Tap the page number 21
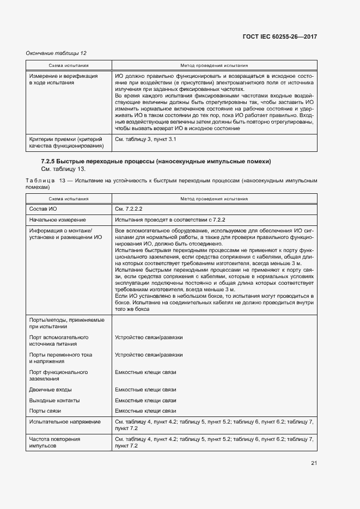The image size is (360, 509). pos(314,463)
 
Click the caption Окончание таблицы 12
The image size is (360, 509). pos(57,53)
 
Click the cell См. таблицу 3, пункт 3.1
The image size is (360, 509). pos(145,139)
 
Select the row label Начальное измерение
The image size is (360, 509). pos(57,219)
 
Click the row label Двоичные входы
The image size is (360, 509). pos(50,390)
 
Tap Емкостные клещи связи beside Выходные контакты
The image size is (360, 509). pos(145,400)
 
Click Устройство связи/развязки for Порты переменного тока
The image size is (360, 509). pos(149,355)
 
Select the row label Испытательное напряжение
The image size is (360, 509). pos(65,421)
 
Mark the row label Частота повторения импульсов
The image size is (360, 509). pos(54,442)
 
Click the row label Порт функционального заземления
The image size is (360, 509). pos(58,376)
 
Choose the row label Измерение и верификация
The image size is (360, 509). pos(63,76)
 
